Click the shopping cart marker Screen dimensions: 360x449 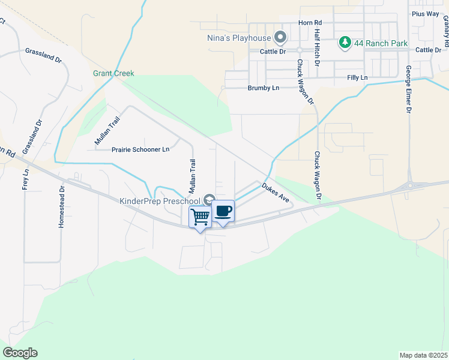pos(200,216)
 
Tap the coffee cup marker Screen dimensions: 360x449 pos(223,211)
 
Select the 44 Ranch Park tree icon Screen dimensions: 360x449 pos(345,43)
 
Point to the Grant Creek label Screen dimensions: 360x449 pos(113,73)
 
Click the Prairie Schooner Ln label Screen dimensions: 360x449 pos(140,149)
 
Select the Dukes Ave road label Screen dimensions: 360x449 pos(276,193)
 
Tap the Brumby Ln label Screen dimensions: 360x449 pos(264,88)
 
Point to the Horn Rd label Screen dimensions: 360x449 pos(310,23)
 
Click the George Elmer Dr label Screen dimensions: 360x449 pos(408,89)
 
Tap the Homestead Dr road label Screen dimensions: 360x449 pos(61,206)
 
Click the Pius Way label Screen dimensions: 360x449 pos(426,13)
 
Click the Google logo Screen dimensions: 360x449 pos(20,352)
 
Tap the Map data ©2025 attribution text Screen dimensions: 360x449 pos(424,355)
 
